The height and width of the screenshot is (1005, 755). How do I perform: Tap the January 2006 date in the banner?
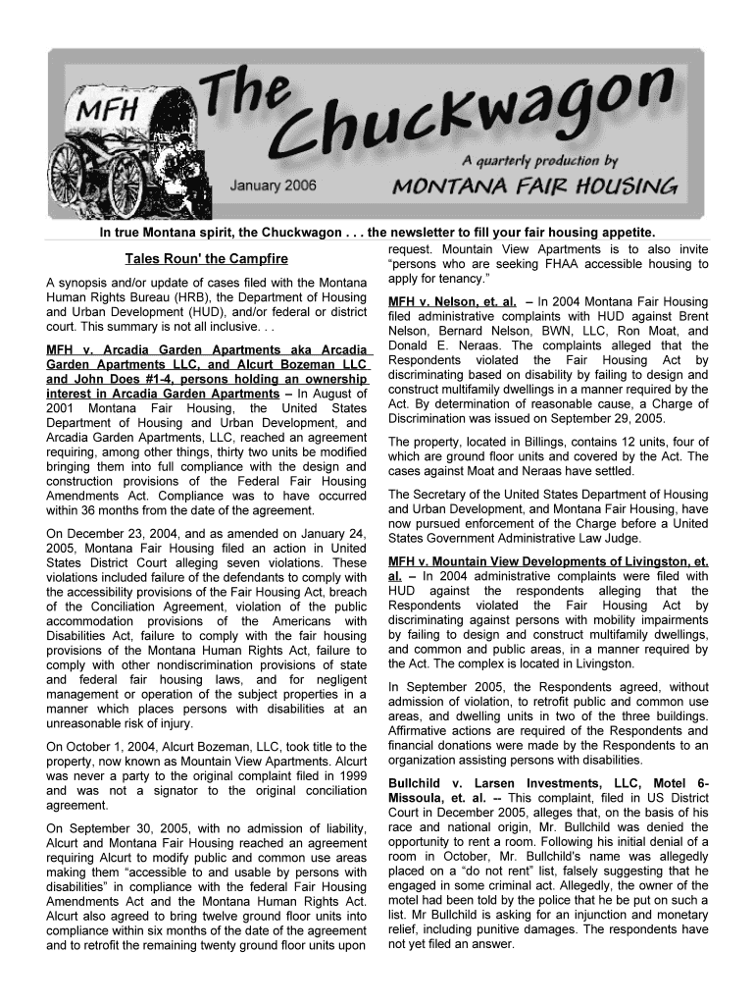[x=274, y=186]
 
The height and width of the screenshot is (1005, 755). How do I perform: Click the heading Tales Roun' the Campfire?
[x=206, y=259]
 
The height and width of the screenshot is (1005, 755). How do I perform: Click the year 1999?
[x=350, y=775]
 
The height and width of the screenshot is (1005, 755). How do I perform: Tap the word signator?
[x=170, y=790]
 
